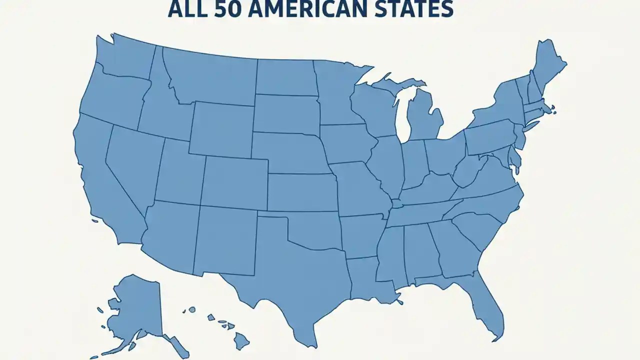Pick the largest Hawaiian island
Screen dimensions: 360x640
point(241,341)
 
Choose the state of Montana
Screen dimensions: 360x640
point(210,75)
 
